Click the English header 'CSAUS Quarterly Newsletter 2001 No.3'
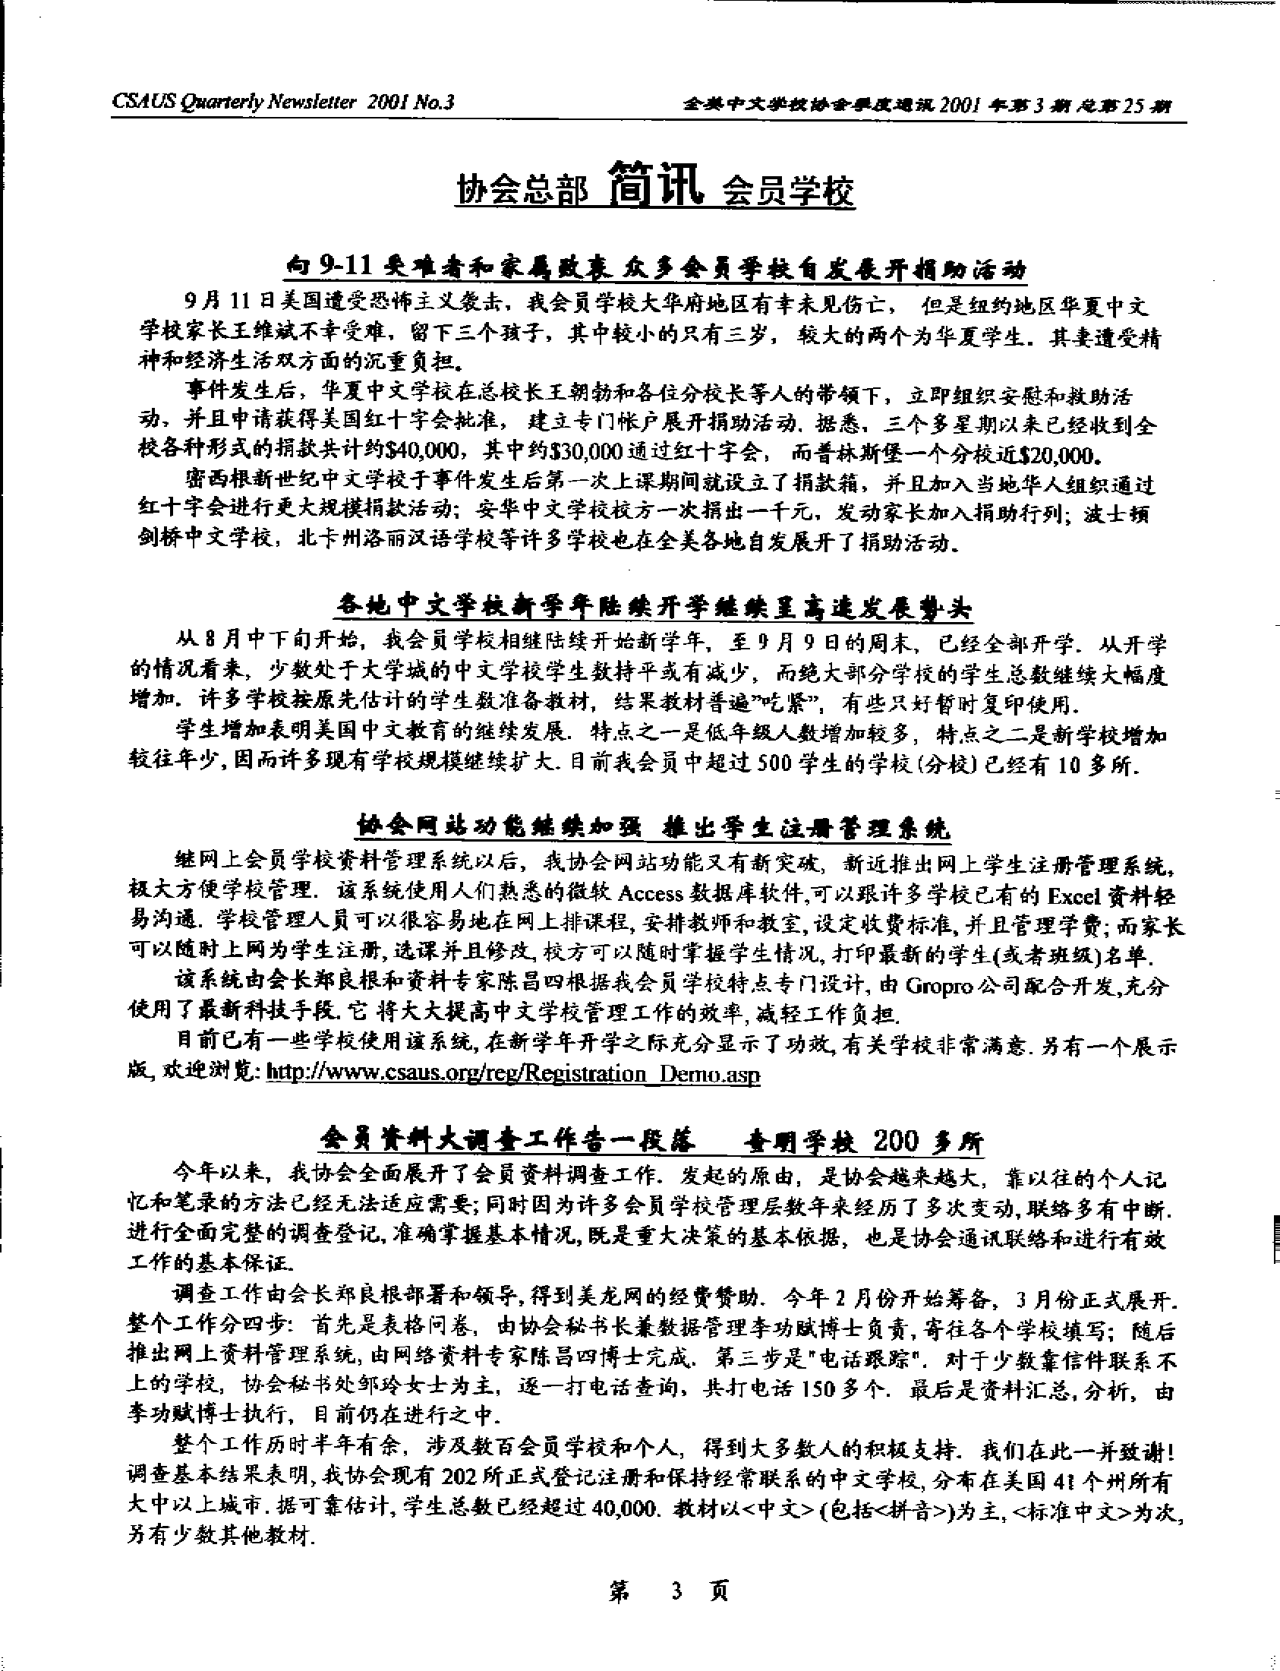click(282, 102)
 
